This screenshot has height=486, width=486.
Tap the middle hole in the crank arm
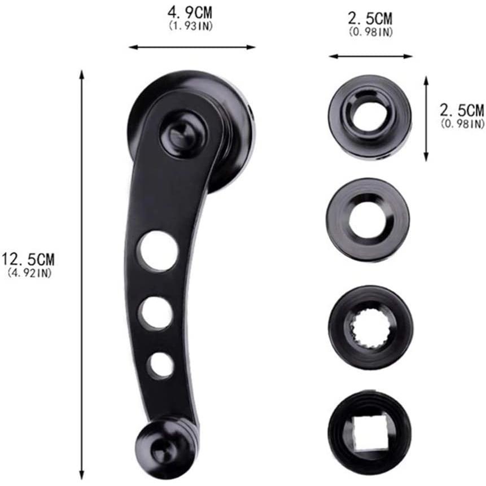pos(156,313)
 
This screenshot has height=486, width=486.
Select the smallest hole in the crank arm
pos(161,365)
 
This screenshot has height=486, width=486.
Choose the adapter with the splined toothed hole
pos(370,327)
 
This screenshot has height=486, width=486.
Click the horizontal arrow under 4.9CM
pos(192,47)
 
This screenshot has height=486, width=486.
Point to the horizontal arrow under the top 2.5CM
pos(371,56)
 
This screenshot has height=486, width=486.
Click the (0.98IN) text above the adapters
pos(370,32)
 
